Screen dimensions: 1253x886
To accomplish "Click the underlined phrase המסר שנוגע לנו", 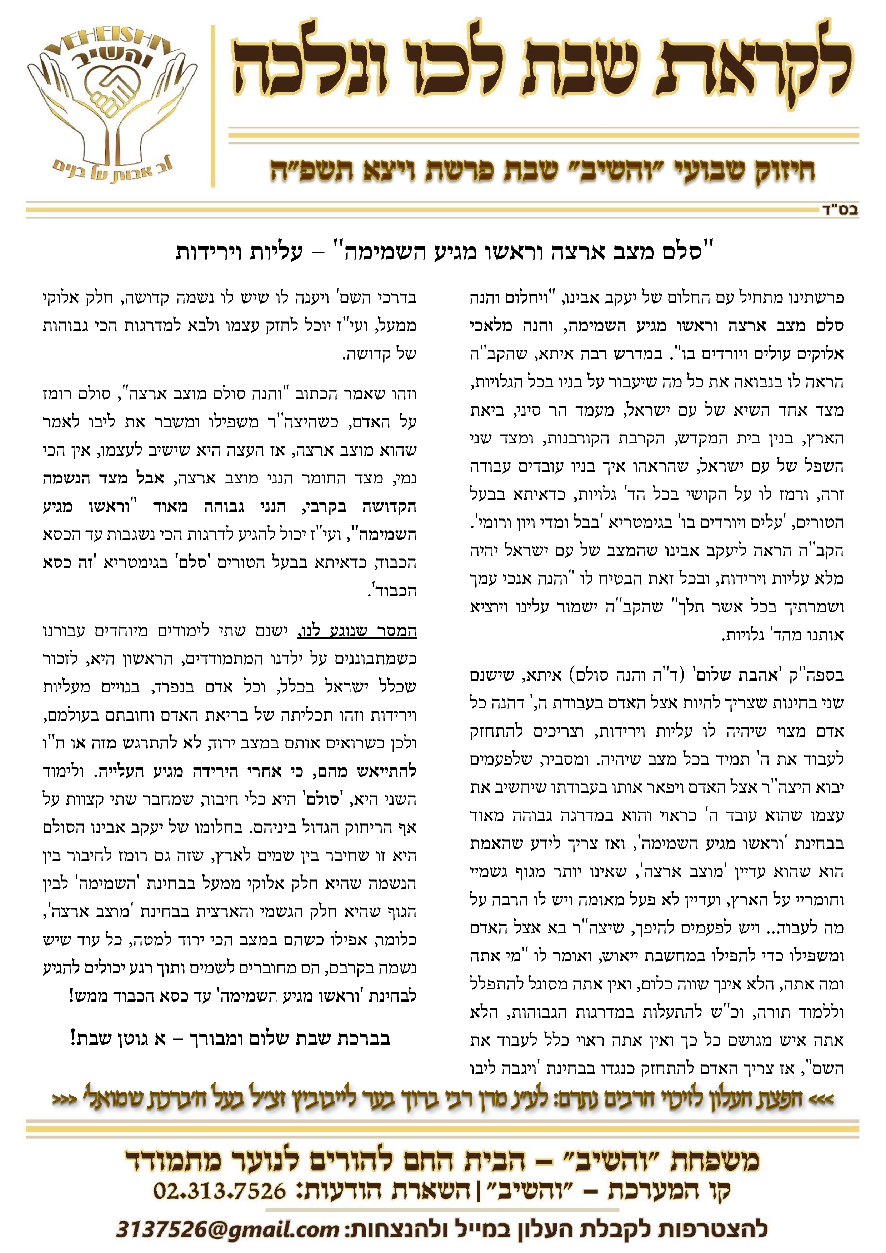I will (x=357, y=631).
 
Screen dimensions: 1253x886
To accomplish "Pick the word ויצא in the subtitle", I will (x=387, y=171).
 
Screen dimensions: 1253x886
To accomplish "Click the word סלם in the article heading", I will (x=682, y=252).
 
